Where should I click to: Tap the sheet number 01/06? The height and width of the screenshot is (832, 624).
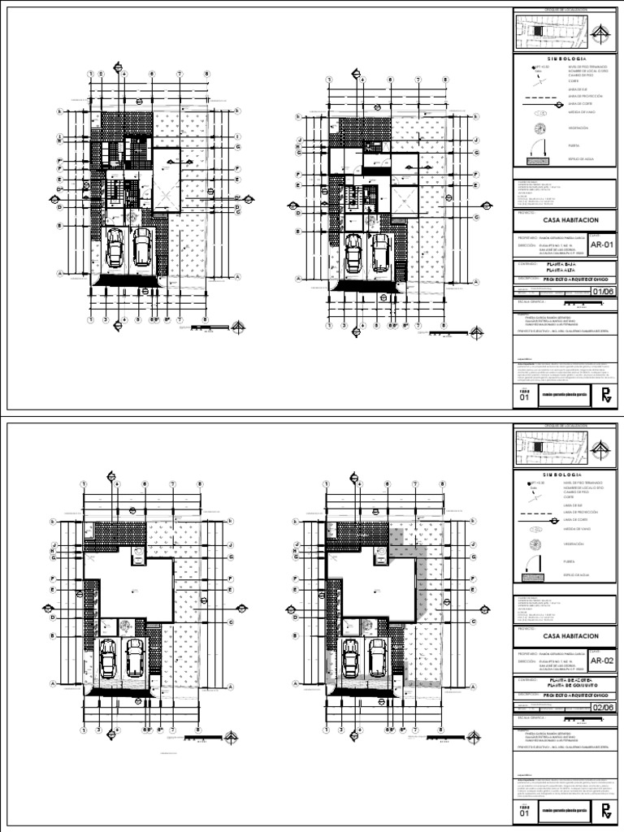(603, 292)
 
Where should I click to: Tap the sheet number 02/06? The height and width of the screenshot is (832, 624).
(603, 708)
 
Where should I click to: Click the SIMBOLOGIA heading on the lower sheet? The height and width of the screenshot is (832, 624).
(560, 474)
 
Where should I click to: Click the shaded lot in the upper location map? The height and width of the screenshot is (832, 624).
(536, 30)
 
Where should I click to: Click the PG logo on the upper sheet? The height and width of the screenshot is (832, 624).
(605, 396)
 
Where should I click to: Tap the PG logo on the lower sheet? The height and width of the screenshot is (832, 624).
(605, 811)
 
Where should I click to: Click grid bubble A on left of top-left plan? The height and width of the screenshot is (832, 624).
(59, 274)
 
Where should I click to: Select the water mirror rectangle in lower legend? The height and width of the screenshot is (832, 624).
(536, 575)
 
